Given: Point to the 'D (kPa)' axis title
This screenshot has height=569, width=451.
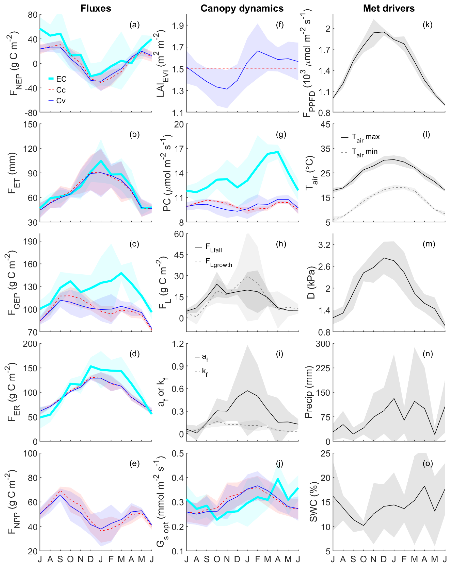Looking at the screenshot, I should click(x=312, y=282).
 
